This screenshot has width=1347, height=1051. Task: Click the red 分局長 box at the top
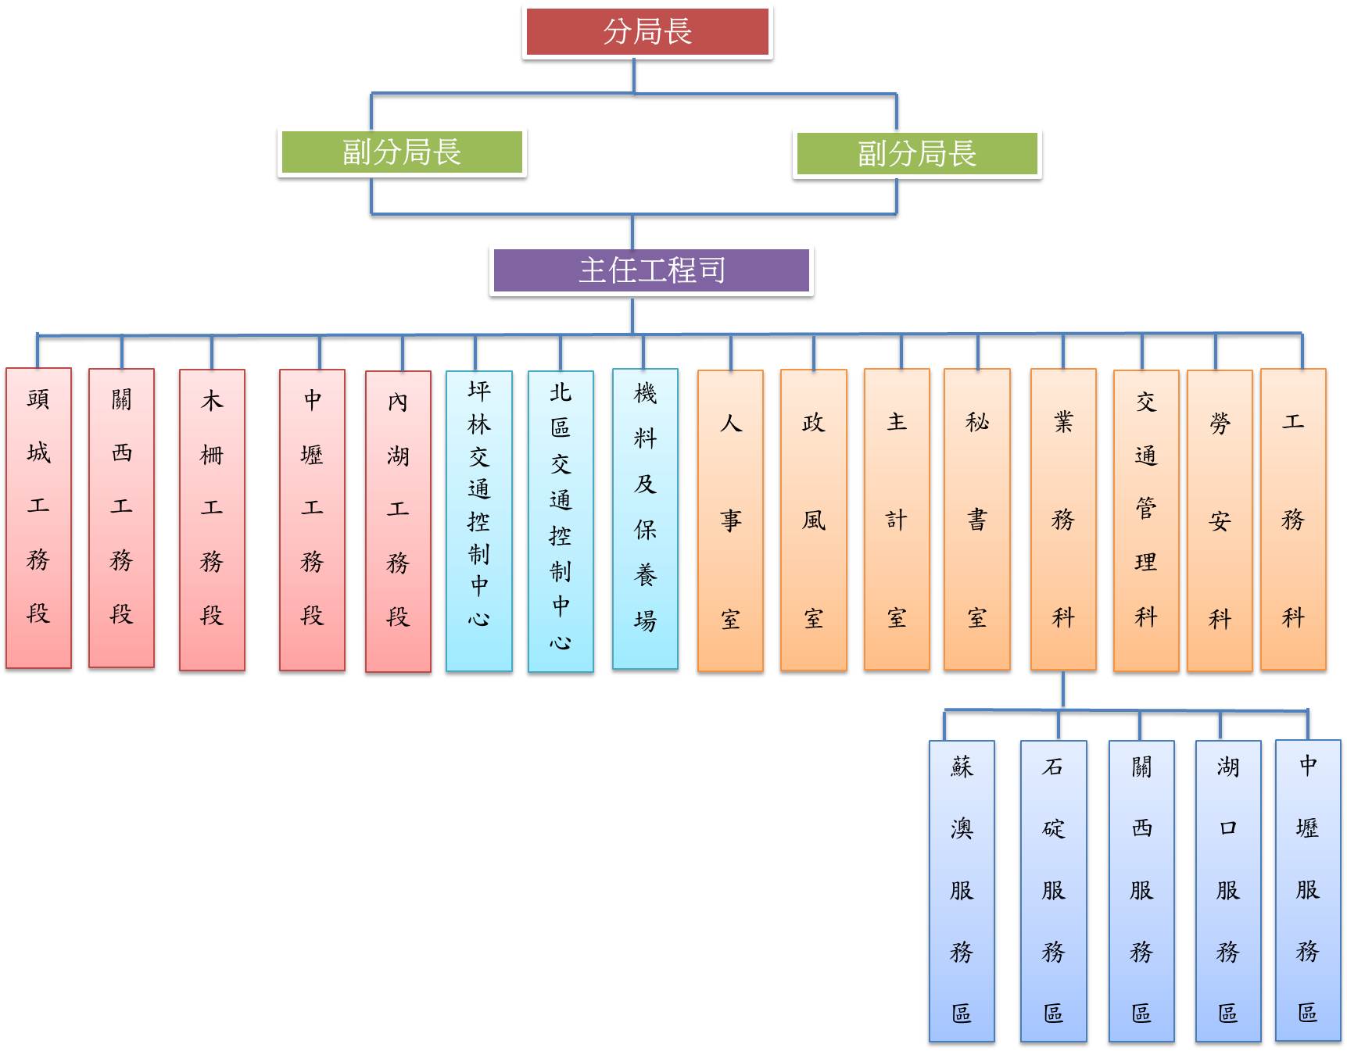pos(647,32)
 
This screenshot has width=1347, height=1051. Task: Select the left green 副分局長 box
pos(402,152)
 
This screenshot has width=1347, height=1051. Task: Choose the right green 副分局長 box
pos(916,153)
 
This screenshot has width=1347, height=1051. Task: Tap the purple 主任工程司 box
pos(651,270)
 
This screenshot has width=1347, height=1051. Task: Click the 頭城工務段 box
pos(38,518)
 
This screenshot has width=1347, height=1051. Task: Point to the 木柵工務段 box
pos(212,520)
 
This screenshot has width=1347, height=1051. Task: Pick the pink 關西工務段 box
pos(121,518)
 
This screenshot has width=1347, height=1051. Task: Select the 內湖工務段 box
pos(398,521)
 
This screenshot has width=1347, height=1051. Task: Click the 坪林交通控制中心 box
pos(478,520)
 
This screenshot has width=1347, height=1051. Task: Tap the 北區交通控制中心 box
pos(561,521)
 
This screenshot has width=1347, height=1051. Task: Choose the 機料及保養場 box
pos(645,519)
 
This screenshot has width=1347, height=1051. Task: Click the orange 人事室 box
pos(730,520)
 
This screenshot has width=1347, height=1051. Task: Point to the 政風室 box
pos(813,520)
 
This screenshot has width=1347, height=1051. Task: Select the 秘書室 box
pos(976,520)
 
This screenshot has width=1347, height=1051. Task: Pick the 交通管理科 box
pos(1145,520)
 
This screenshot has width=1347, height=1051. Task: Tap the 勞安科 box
pos(1219,520)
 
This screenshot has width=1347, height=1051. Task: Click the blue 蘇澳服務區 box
pos(962,891)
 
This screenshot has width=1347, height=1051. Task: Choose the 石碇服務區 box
pos(1053,891)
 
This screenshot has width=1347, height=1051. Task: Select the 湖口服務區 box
pos(1227,891)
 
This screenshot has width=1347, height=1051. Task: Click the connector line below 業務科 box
pos(1063,689)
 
